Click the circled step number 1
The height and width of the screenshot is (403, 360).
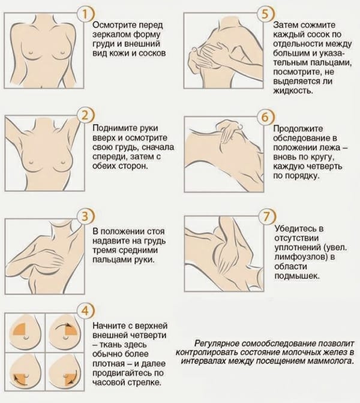pyautogui.click(x=86, y=15)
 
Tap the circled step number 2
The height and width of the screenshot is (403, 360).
pyautogui.click(x=86, y=116)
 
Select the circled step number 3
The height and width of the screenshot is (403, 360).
pyautogui.click(x=86, y=216)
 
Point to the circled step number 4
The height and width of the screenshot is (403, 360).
pyautogui.click(x=86, y=311)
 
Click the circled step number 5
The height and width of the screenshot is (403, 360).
pyautogui.click(x=265, y=14)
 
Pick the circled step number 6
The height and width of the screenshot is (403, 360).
pyautogui.click(x=265, y=117)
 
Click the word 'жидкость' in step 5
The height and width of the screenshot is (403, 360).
pyautogui.click(x=293, y=91)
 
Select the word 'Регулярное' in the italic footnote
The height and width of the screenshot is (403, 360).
pyautogui.click(x=218, y=344)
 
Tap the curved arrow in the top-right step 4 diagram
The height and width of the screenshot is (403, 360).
pyautogui.click(x=64, y=325)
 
